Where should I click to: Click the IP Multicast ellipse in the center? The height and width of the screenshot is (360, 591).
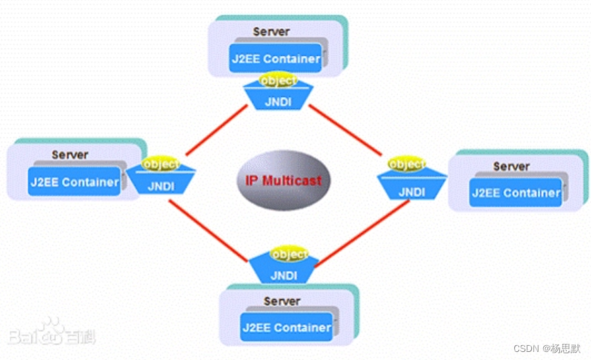(x=279, y=180)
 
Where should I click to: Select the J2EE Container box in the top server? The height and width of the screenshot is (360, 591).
(x=275, y=59)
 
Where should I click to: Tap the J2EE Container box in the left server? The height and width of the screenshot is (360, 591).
(x=74, y=182)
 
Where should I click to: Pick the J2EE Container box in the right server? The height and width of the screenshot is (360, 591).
(x=516, y=192)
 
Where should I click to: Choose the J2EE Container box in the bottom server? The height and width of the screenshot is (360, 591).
(x=286, y=328)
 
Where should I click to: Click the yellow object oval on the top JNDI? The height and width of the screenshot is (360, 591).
(x=278, y=80)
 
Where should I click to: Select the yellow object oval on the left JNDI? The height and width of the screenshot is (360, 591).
(x=161, y=164)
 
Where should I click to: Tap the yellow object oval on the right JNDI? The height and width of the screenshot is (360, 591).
(x=407, y=164)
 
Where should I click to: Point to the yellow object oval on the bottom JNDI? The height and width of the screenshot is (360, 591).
(x=289, y=254)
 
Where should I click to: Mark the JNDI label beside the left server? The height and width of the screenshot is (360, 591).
(x=161, y=185)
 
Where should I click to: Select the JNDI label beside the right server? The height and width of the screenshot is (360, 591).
(x=411, y=191)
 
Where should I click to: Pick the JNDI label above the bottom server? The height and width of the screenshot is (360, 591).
(x=283, y=275)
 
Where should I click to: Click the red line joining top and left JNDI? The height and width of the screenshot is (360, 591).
(x=216, y=130)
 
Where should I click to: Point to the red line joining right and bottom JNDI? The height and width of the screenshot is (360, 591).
(x=363, y=232)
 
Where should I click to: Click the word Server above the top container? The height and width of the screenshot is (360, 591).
(x=271, y=31)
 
